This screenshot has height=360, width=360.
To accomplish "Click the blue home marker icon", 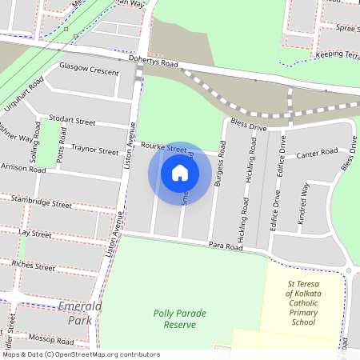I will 180,173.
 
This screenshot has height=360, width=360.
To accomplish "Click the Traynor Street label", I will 94,149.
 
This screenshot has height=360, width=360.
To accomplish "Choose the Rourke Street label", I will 164,148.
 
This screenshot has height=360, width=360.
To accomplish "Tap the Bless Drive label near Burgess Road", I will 247,126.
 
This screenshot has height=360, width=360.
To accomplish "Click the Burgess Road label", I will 219,165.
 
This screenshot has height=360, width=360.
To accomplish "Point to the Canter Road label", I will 317,153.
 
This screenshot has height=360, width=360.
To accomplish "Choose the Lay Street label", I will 34,234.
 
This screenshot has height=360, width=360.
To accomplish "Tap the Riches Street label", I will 33,263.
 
